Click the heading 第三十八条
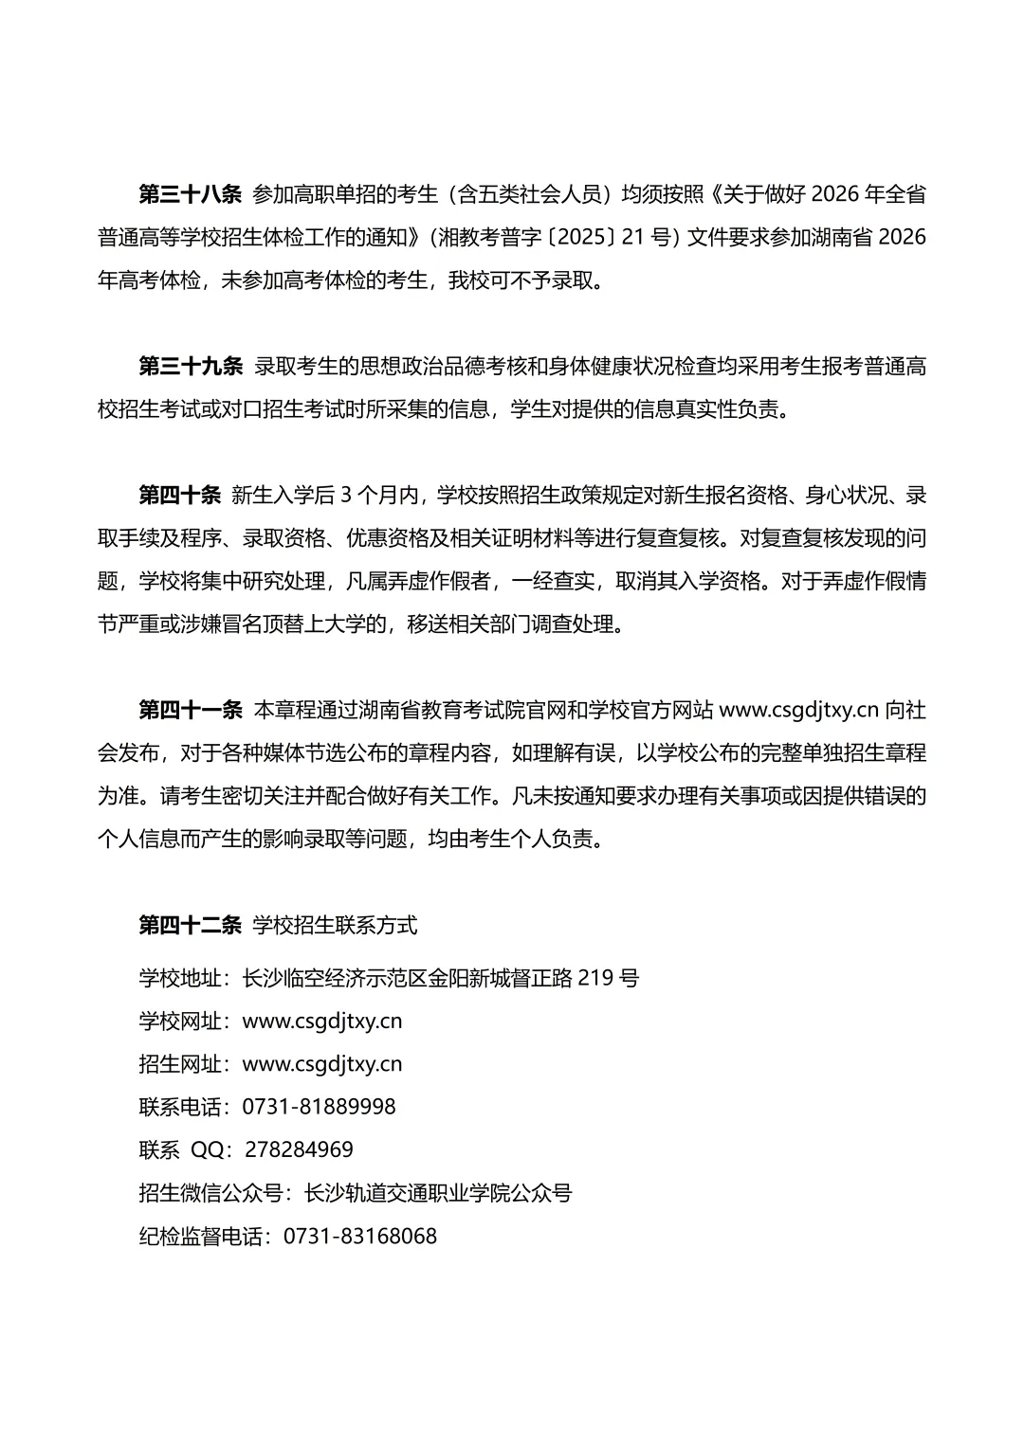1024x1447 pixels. point(191,195)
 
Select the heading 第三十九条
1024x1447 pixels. point(191,367)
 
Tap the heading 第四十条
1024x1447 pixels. point(180,495)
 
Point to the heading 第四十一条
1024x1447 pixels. point(191,710)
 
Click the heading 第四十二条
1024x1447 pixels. point(191,925)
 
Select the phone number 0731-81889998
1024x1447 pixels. point(320,1107)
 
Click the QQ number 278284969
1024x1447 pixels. point(299,1149)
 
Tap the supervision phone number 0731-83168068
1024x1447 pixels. point(360,1236)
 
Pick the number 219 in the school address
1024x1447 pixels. point(596,977)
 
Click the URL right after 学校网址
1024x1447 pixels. point(322,1021)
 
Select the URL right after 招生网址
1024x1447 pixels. point(322,1063)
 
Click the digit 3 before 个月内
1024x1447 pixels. point(346,495)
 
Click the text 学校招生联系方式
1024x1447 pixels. point(335,925)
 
